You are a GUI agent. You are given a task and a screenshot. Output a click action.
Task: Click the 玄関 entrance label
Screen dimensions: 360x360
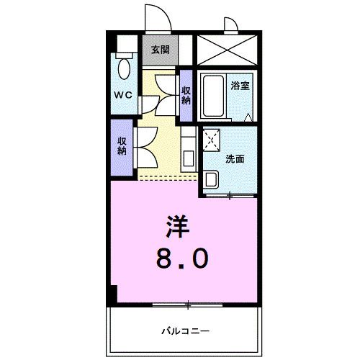tap(160, 50)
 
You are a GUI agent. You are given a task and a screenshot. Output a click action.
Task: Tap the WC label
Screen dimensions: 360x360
tap(121, 94)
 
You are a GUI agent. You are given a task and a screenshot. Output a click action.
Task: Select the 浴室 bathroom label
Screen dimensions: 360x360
tap(240, 86)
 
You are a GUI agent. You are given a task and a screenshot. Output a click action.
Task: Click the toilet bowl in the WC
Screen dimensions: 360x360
tap(125, 69)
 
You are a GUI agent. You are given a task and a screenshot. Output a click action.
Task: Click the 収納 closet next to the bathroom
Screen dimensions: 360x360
tap(186, 95)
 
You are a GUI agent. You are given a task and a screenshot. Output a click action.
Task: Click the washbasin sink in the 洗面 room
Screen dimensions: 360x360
tap(212, 179)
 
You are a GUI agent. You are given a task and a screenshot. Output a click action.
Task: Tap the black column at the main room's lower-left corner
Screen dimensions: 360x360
tap(112, 294)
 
